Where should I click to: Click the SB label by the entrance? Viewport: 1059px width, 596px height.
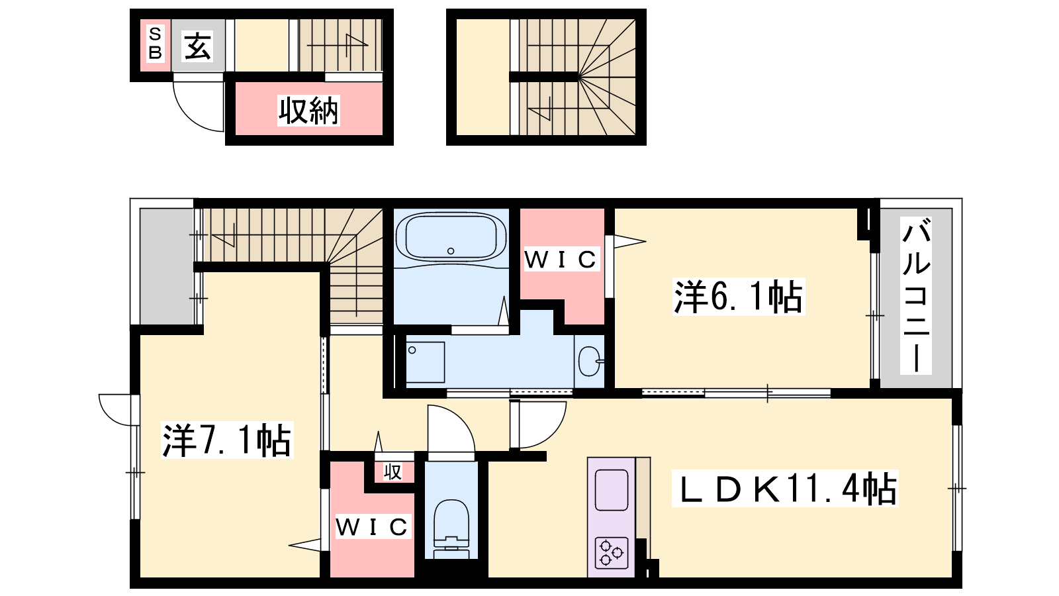click(x=155, y=43)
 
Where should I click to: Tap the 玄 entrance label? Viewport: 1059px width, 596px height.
click(x=198, y=46)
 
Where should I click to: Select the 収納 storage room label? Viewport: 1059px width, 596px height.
click(x=308, y=111)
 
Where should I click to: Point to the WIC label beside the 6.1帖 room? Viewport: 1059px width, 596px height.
click(x=561, y=259)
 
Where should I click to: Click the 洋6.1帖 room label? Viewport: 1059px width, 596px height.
click(x=739, y=297)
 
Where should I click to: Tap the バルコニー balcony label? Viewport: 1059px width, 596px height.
click(x=916, y=295)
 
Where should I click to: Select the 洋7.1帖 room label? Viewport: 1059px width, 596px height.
click(x=227, y=440)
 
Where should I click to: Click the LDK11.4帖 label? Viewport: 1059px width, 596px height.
click(x=785, y=489)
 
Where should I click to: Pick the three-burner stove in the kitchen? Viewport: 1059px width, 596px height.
click(x=612, y=553)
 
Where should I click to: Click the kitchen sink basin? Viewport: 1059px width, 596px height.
click(x=612, y=490)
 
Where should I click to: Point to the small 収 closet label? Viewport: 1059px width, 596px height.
click(x=393, y=472)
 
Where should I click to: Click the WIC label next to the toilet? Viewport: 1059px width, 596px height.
click(x=371, y=527)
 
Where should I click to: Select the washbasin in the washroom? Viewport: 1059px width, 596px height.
click(x=590, y=361)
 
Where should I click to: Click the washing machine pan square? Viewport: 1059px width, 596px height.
click(x=426, y=362)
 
